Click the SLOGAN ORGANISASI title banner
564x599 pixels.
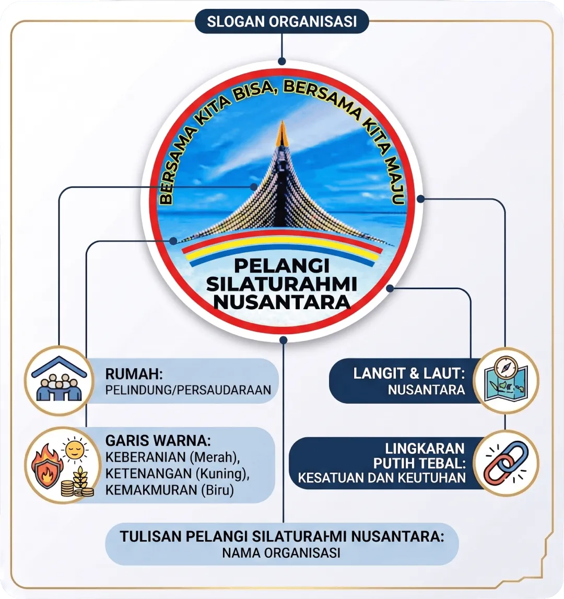click(x=282, y=21)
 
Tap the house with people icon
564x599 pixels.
click(x=59, y=381)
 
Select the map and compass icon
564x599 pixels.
click(x=506, y=380)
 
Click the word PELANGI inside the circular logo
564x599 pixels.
click(x=281, y=266)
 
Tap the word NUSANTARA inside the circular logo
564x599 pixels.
click(x=281, y=302)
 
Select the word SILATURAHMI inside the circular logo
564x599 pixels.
click(x=281, y=284)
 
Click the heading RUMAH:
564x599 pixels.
click(x=134, y=373)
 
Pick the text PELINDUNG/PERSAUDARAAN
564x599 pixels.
click(x=188, y=390)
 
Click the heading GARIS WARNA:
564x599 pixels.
click(x=158, y=441)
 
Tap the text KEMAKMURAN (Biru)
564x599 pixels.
click(x=169, y=490)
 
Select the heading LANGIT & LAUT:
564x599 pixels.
click(x=409, y=373)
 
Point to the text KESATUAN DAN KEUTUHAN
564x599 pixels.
click(x=382, y=478)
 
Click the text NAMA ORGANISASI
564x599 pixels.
click(x=281, y=553)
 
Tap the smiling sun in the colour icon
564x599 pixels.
click(x=74, y=449)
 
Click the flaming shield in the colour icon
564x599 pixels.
click(x=46, y=466)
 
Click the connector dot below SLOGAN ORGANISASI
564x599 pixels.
click(x=282, y=61)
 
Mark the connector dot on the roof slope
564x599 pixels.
click(x=254, y=187)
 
